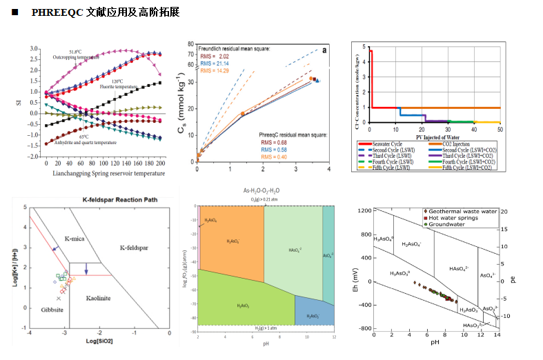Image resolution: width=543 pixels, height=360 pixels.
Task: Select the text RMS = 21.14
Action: [x=215, y=63]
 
